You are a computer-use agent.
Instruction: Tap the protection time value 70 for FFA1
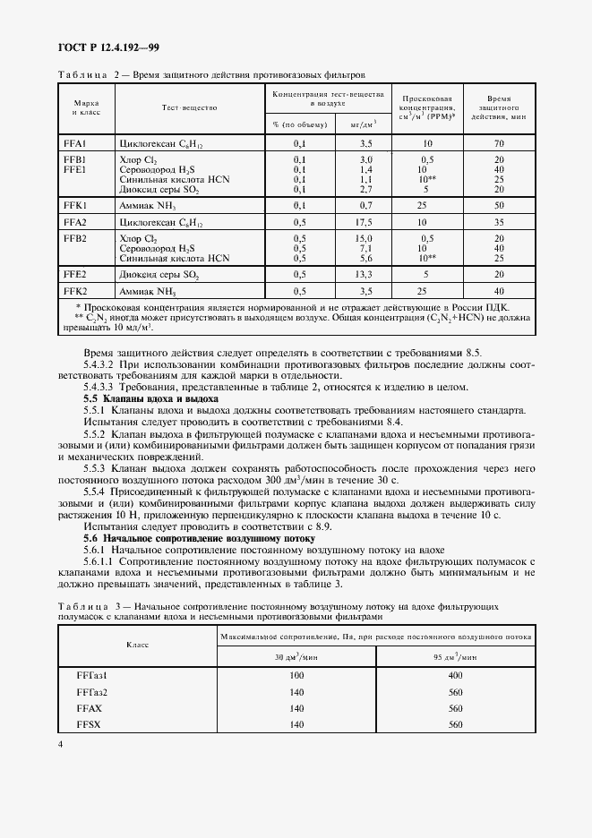pos(499,143)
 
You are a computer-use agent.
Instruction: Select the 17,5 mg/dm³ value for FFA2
pos(365,222)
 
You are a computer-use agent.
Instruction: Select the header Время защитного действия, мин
pos(499,107)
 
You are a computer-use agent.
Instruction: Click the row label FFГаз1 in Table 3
pos(92,675)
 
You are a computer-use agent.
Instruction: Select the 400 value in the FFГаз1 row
pos(455,675)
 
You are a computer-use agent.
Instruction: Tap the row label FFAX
pos(90,708)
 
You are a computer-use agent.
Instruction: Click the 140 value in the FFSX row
pos(297,724)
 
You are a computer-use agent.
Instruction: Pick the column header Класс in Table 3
pos(137,644)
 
